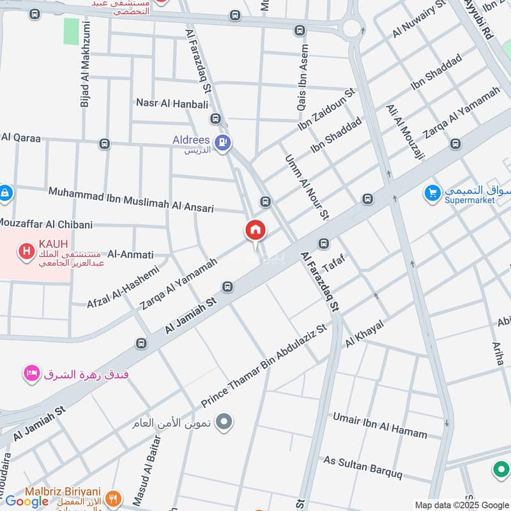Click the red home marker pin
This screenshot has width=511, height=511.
pos(256,231)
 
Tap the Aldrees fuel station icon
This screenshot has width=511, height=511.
pos(222,144)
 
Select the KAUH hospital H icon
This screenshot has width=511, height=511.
pos(26,250)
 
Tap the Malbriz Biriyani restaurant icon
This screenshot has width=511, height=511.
pos(114,498)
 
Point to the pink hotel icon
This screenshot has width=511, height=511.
pos(31,373)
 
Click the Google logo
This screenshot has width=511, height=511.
pos(27,501)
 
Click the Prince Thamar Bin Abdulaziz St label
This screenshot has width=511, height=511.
pos(264,367)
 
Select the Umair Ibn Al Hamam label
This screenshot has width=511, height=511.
pos(379,425)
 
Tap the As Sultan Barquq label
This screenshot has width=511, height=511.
pos(363,468)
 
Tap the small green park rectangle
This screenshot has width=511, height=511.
pos(72,31)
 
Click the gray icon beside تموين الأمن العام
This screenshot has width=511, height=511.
pos(224,422)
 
